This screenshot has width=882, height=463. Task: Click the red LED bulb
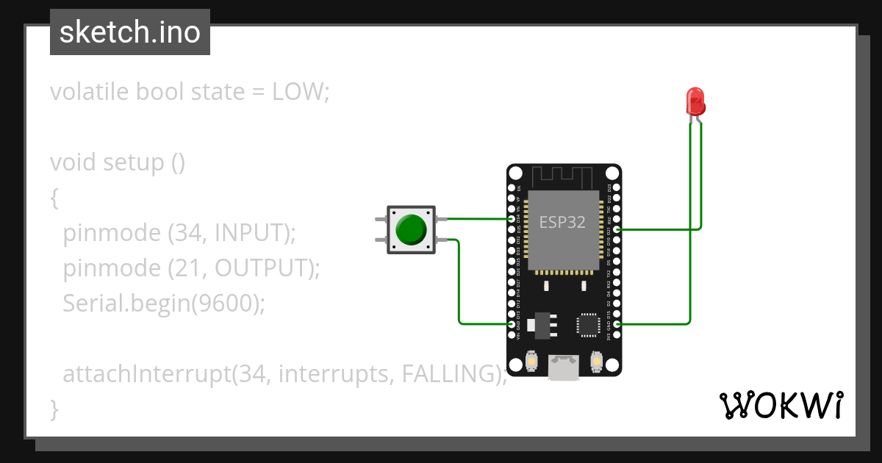[695, 101]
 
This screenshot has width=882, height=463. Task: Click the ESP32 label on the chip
[562, 222]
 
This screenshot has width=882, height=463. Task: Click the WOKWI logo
[781, 405]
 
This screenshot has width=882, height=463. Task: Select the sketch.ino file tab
[130, 32]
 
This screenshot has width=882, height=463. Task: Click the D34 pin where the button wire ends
[512, 218]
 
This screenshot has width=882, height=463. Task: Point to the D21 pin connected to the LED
[616, 229]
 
